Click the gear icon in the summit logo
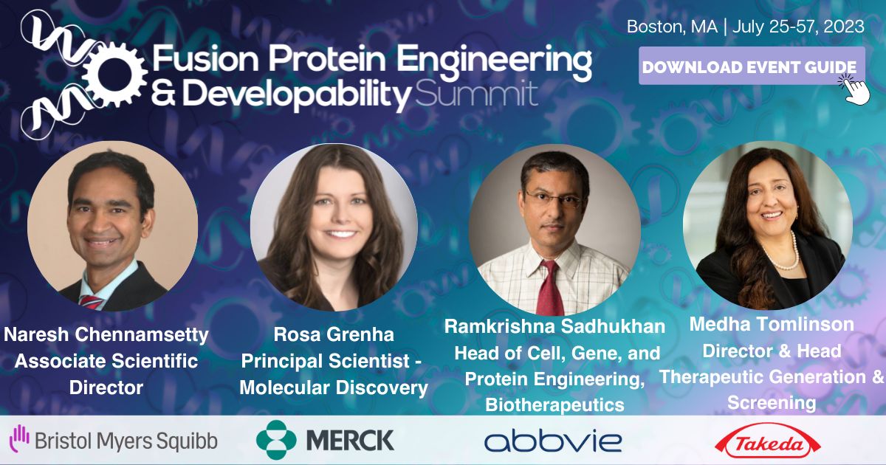(x=113, y=73)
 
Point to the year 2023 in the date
(x=841, y=27)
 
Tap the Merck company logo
(x=326, y=440)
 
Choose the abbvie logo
(x=552, y=441)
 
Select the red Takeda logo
(x=768, y=441)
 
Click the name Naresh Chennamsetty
(x=106, y=335)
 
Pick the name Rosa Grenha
(x=334, y=335)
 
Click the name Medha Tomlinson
(x=771, y=324)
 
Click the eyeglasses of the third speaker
(x=554, y=199)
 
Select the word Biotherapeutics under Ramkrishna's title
(x=554, y=404)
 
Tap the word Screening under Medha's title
(x=771, y=402)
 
